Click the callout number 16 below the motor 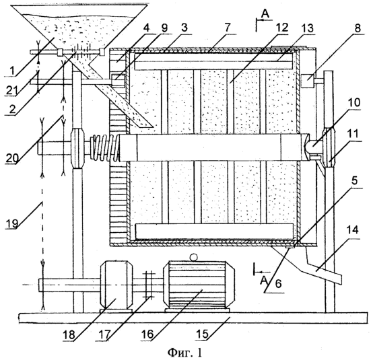point(148,334)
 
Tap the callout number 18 point(69,334)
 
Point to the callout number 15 point(202,334)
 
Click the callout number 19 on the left point(11,223)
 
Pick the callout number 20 point(12,157)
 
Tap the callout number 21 point(11,90)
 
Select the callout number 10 point(353,103)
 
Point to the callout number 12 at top point(281,28)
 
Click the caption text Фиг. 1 point(185,353)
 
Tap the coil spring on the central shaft point(106,147)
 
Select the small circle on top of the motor point(193,257)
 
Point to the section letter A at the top point(265,14)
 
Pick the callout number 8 point(358,28)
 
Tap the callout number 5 point(354,181)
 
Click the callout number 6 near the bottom point(278,284)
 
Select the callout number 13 point(307,28)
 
